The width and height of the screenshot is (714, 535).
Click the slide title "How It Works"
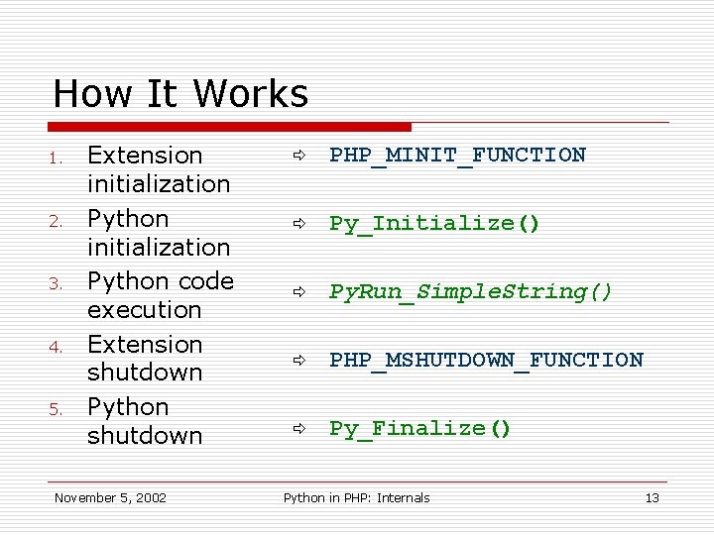coord(180,94)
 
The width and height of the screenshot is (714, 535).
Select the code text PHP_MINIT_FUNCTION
coord(457,155)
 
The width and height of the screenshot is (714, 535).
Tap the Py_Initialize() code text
coord(434,223)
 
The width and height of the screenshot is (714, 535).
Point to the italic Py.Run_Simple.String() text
coord(471,291)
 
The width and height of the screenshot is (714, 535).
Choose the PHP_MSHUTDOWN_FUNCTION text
coord(486,360)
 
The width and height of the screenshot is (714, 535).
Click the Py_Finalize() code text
coord(419,428)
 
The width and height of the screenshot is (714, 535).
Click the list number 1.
coord(59,158)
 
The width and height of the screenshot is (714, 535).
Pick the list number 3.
coord(59,283)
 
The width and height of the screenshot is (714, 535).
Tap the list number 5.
coord(59,409)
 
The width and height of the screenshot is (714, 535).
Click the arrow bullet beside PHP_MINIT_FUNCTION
coord(297,156)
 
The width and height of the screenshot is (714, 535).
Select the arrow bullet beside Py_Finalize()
coord(297,429)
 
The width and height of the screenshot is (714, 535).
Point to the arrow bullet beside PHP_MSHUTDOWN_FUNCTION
coord(297,361)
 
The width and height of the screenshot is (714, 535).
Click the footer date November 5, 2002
coord(110,497)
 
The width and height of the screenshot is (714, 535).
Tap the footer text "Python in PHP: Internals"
coord(356,497)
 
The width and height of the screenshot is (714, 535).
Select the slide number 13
coord(652,497)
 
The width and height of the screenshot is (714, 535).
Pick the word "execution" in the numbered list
coord(145,309)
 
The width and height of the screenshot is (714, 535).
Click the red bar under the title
coord(229,127)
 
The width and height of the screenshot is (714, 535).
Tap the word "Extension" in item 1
coord(145,156)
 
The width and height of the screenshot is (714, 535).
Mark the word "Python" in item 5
coord(128,407)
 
